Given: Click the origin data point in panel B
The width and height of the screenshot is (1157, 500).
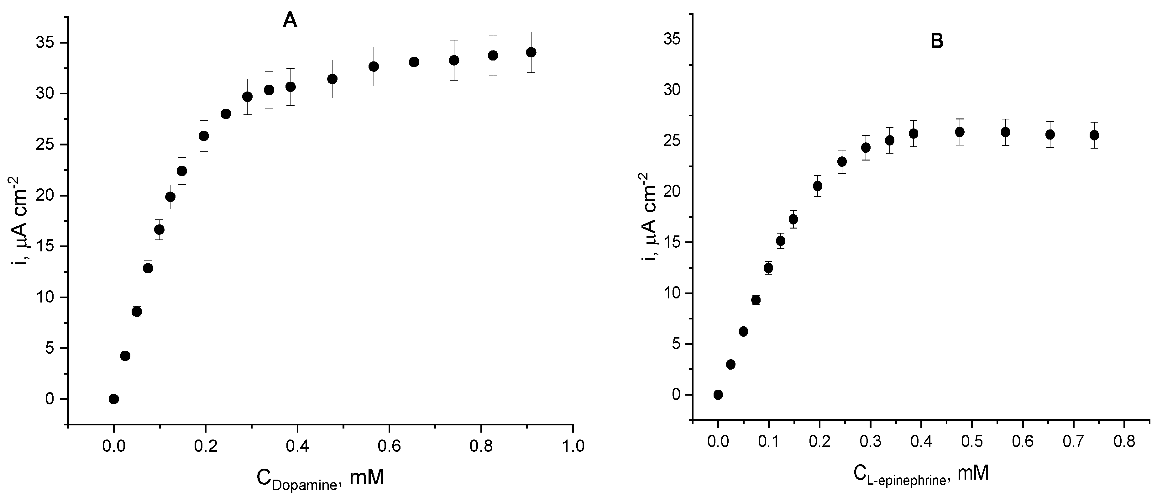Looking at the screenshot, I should pyautogui.click(x=718, y=394).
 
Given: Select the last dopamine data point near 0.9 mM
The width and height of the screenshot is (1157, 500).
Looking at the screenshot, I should pyautogui.click(x=531, y=52).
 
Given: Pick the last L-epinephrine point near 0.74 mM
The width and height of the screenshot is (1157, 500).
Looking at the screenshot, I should pyautogui.click(x=1094, y=135).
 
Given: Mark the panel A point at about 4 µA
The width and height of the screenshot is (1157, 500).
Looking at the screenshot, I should pyautogui.click(x=125, y=356).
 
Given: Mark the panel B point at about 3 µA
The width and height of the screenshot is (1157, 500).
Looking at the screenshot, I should pyautogui.click(x=731, y=364).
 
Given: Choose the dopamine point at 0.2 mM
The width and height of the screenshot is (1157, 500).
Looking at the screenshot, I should pyautogui.click(x=204, y=136).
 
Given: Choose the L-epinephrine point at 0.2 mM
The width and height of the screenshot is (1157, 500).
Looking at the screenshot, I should pyautogui.click(x=818, y=186).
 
